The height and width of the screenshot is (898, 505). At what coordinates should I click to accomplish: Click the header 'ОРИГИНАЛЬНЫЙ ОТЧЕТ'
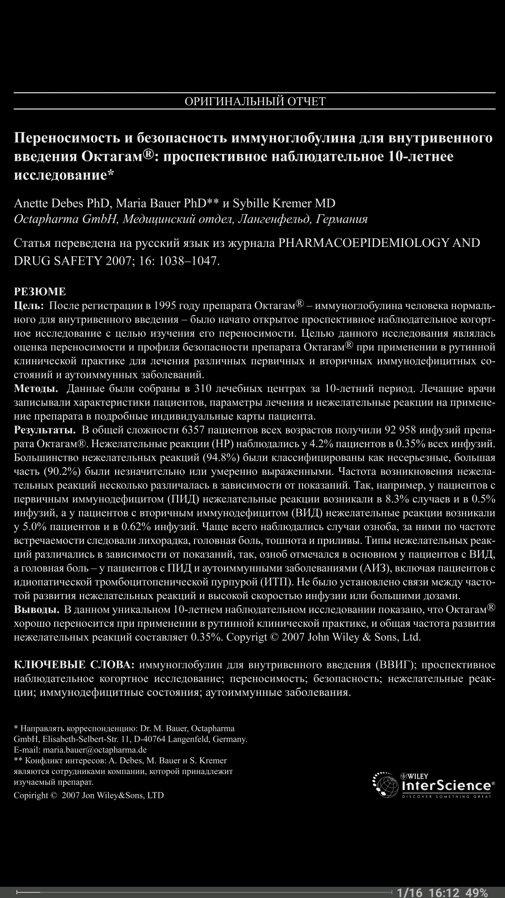[255, 101]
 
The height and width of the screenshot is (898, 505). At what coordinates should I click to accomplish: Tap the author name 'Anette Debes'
[49, 203]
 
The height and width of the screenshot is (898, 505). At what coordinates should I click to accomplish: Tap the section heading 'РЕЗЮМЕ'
[40, 291]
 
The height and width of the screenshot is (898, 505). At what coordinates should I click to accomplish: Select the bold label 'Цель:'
[29, 306]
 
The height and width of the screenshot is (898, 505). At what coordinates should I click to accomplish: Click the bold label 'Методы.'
[36, 389]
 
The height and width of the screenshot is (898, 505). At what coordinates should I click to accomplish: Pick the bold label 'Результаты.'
[45, 430]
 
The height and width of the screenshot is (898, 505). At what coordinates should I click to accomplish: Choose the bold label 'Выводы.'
[36, 609]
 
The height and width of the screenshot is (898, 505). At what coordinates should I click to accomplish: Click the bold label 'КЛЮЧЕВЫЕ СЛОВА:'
[74, 665]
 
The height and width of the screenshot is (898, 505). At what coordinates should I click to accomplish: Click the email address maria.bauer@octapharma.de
[98, 750]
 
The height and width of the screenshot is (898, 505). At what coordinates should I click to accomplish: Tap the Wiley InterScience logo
[433, 786]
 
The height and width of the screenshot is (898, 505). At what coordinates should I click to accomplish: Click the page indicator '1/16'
[409, 892]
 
